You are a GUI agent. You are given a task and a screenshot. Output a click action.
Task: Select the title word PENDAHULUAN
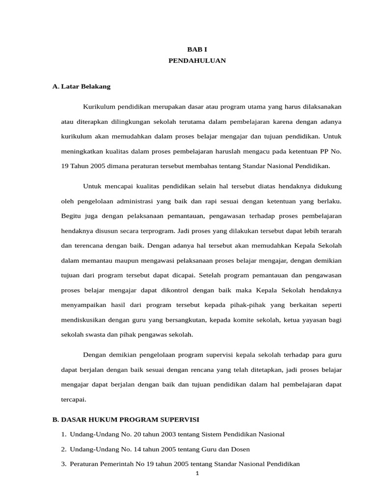(197, 60)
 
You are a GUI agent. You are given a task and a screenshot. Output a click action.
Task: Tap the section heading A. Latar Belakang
(81, 86)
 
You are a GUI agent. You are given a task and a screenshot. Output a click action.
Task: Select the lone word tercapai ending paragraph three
(74, 399)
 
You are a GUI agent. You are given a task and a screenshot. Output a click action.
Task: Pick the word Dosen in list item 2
(241, 449)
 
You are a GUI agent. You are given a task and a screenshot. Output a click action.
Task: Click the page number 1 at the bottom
(197, 474)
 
